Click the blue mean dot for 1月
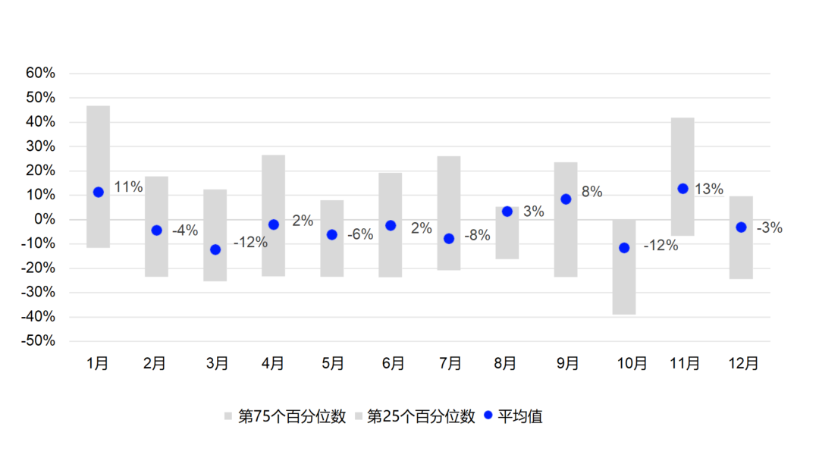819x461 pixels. coord(99,193)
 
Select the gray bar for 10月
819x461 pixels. coord(624,281)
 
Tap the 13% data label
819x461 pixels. coord(709,189)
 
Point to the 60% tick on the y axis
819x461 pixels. coord(41,74)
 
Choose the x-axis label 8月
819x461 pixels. coord(506,364)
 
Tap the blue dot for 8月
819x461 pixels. coord(507,212)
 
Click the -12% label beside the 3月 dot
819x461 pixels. coord(250,243)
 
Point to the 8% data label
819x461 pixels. coord(591,193)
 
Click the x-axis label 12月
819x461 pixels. coord(742,364)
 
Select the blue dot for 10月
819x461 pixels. coord(624,248)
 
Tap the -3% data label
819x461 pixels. coord(769,227)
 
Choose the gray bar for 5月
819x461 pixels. coord(332,258)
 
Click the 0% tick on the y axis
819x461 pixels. coord(45,219)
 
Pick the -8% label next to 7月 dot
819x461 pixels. coord(477,235)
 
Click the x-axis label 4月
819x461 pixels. coord(273,364)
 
